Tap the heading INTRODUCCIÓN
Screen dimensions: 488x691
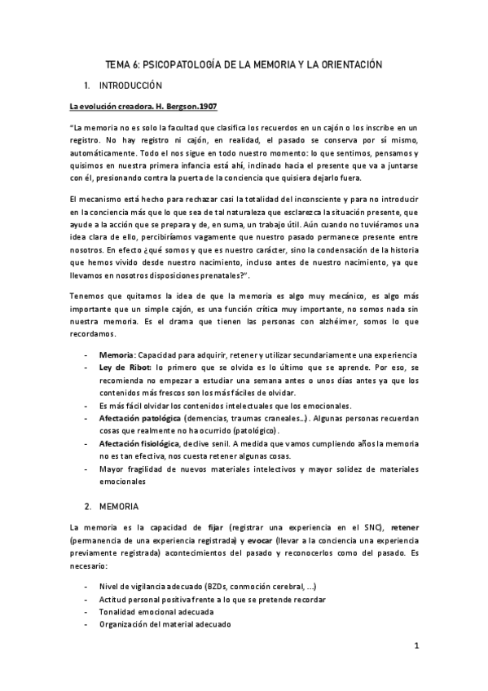(x=130, y=85)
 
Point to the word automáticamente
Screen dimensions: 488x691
(x=103, y=153)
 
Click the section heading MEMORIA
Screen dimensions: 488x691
(x=121, y=506)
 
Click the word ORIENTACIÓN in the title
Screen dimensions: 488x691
(x=345, y=64)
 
